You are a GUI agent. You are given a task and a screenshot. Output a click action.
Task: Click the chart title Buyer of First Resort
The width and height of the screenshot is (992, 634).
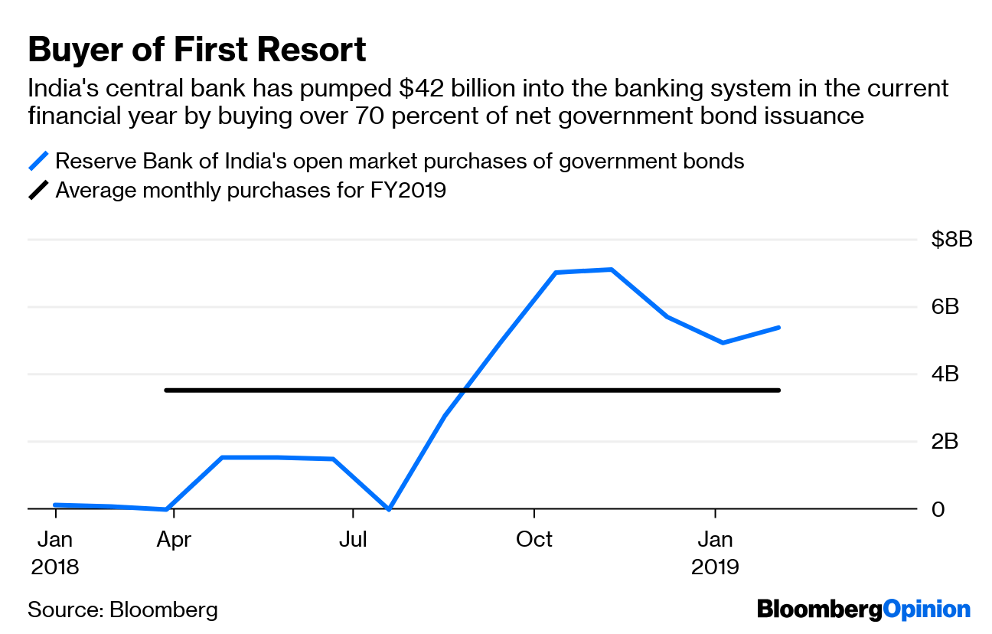point(197,51)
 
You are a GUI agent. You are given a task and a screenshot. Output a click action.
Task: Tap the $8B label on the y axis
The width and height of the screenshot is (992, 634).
point(951,240)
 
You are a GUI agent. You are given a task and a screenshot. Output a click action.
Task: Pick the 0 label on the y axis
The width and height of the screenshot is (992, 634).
point(938,509)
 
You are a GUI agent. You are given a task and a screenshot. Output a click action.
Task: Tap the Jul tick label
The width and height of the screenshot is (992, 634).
point(353,540)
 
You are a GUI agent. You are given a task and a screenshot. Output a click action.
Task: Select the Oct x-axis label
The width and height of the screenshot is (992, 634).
point(534,540)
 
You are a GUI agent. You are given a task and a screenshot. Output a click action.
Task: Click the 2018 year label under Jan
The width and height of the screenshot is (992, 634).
point(55,567)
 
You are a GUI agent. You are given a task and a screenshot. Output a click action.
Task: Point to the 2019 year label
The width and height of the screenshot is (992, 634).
point(715,567)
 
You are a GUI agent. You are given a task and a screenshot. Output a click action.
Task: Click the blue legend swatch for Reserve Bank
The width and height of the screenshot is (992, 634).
point(38,162)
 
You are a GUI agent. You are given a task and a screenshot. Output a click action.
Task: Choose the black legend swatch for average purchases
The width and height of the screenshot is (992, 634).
point(38,190)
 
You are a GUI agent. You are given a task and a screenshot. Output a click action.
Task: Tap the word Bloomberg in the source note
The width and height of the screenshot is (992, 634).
point(164,610)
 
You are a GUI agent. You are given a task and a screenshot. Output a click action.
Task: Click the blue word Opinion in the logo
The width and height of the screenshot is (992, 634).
point(927,609)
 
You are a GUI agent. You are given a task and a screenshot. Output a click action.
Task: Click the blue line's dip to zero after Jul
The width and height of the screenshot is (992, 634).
point(389,508)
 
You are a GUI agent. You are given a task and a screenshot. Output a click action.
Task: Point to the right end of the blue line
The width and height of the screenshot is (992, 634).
point(778,328)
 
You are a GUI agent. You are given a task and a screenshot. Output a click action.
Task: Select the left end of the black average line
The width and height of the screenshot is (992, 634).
point(167,391)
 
